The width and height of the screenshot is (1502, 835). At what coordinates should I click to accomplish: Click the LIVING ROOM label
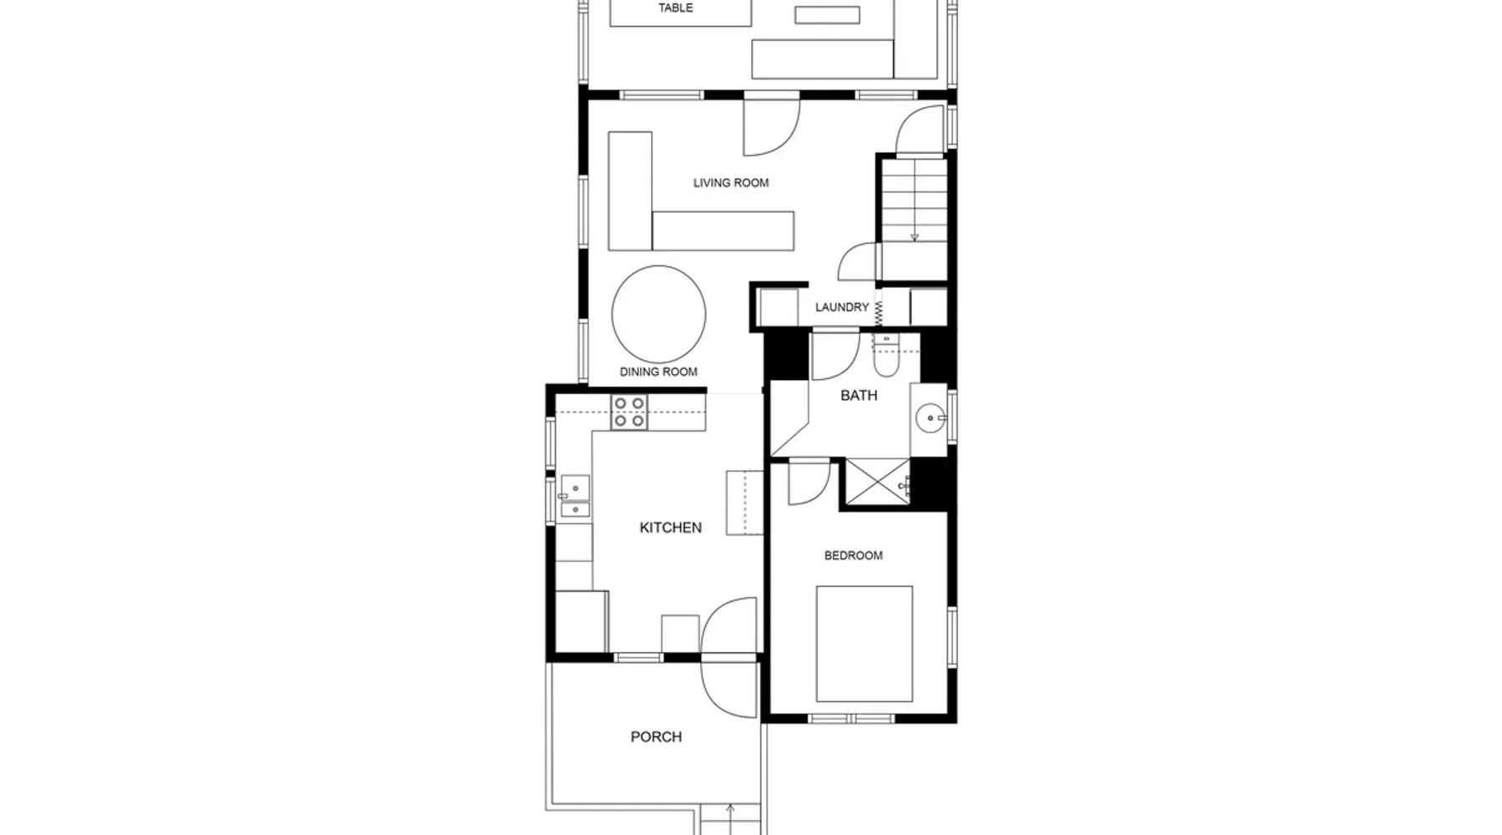731,183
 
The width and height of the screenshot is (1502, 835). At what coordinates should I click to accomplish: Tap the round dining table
658,314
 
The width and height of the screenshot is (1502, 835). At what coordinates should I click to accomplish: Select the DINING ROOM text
658,372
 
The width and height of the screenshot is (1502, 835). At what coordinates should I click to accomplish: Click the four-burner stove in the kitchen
629,412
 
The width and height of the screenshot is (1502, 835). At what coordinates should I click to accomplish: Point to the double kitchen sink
574,496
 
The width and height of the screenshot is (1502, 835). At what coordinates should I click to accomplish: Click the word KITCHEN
670,528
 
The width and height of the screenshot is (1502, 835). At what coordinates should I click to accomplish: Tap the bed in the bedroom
864,644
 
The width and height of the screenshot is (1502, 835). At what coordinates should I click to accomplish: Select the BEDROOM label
853,555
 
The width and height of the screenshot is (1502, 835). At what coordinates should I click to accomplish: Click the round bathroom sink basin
930,418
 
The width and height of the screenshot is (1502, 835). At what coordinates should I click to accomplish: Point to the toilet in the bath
885,355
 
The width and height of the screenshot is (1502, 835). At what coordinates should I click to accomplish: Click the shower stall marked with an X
878,481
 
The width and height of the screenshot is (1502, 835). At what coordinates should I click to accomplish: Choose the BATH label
859,395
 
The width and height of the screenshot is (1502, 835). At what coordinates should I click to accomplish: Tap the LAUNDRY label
842,307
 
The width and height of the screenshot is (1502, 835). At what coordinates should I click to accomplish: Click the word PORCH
656,736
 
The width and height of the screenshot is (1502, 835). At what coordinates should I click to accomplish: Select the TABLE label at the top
675,8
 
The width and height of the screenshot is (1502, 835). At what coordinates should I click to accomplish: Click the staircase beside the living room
915,200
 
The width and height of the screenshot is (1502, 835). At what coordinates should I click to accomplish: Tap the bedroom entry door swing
809,482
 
